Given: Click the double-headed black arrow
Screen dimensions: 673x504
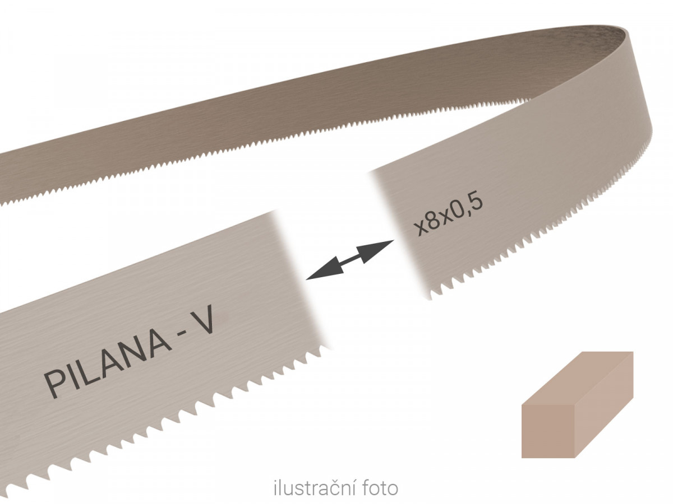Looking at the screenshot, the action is coord(350,260).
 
